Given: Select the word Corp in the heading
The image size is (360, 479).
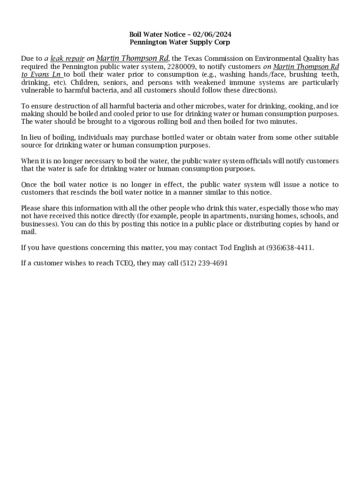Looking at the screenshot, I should pos(222,42).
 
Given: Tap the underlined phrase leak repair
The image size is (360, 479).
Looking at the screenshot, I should pos(67,59).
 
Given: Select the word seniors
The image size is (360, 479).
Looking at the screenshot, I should pos(112,82).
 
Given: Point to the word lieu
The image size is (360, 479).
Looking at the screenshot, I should pos(37,138).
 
